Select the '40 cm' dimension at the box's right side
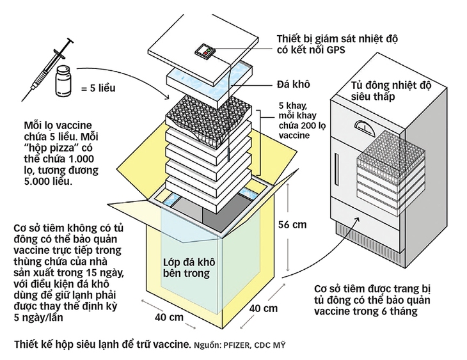pos(262,307)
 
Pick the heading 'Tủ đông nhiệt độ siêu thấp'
pos(383,91)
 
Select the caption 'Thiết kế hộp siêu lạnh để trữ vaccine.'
pos(99,345)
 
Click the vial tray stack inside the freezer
pos(388,166)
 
